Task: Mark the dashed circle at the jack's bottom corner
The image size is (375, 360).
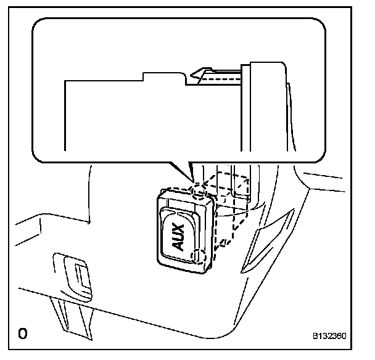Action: [199, 257]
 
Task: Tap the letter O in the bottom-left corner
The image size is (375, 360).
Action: [23, 334]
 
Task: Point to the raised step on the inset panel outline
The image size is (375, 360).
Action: [163, 75]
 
